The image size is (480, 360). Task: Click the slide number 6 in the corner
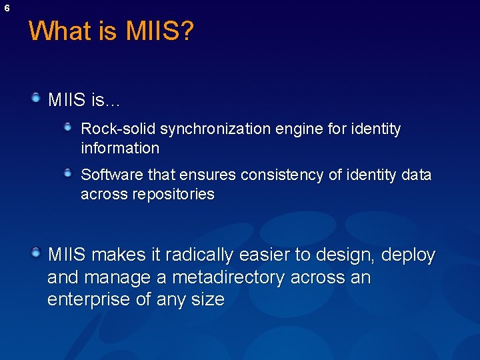(x=7, y=8)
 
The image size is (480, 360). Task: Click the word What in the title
(x=61, y=31)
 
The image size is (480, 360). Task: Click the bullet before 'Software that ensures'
(x=68, y=173)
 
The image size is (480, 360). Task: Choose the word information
(x=120, y=148)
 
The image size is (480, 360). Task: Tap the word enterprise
(x=89, y=299)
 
